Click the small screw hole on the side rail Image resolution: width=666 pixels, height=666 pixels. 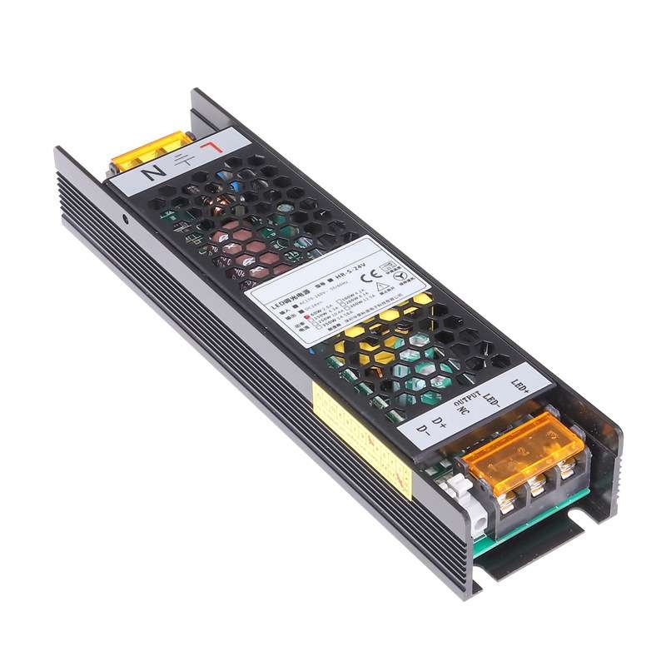pos(125,221)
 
